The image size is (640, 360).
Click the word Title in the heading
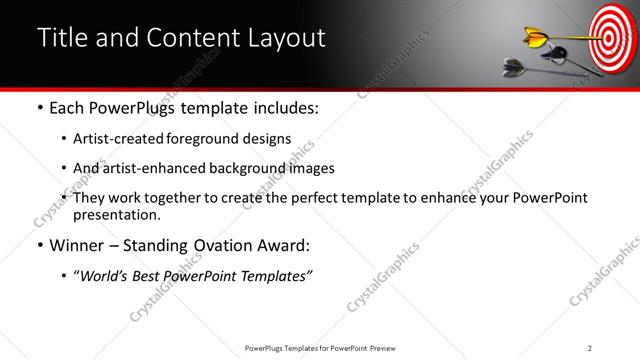point(62,38)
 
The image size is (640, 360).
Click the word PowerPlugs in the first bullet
point(133,108)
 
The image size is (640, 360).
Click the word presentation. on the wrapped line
point(116,214)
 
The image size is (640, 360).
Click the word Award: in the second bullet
point(283,246)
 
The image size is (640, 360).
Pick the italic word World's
point(108,276)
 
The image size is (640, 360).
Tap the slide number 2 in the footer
point(590,347)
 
